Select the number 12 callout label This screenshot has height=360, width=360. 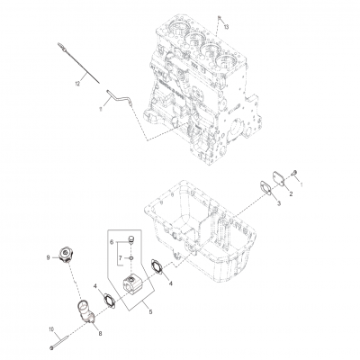click(78, 82)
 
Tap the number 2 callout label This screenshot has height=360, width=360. click(290, 195)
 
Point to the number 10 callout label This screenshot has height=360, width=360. click(51, 329)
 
